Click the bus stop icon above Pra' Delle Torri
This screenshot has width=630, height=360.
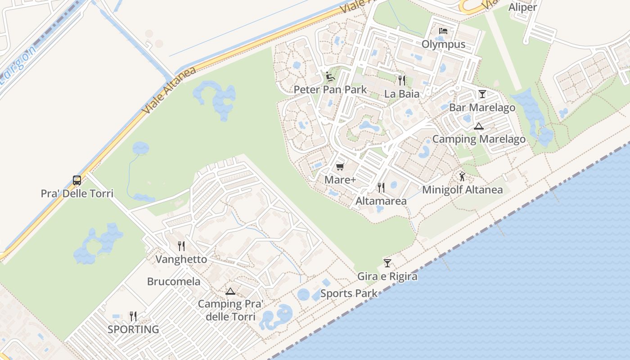[77, 180]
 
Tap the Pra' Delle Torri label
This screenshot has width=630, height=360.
[77, 193]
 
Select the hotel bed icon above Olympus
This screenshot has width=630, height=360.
[443, 31]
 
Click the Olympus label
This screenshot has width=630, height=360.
[443, 44]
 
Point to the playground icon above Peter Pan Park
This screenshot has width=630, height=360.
[330, 76]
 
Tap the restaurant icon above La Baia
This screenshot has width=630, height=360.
[402, 81]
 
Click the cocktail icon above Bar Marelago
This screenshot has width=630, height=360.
[482, 94]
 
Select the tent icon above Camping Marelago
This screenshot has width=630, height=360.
[478, 126]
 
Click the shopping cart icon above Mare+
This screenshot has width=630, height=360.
[340, 167]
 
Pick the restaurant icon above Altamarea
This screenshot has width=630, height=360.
[381, 187]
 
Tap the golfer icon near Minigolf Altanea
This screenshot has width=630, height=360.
[462, 176]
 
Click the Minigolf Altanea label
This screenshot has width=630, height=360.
[462, 190]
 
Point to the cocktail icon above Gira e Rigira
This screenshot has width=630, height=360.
[387, 263]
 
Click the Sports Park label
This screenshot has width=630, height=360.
[349, 294]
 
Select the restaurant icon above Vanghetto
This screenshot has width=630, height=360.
[181, 246]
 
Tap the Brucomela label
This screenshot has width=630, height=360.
[174, 282]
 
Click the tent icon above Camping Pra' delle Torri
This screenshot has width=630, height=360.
[230, 291]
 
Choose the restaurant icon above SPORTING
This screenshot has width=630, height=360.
[133, 316]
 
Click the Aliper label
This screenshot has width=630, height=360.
[522, 7]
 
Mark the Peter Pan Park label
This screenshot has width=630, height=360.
[330, 90]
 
